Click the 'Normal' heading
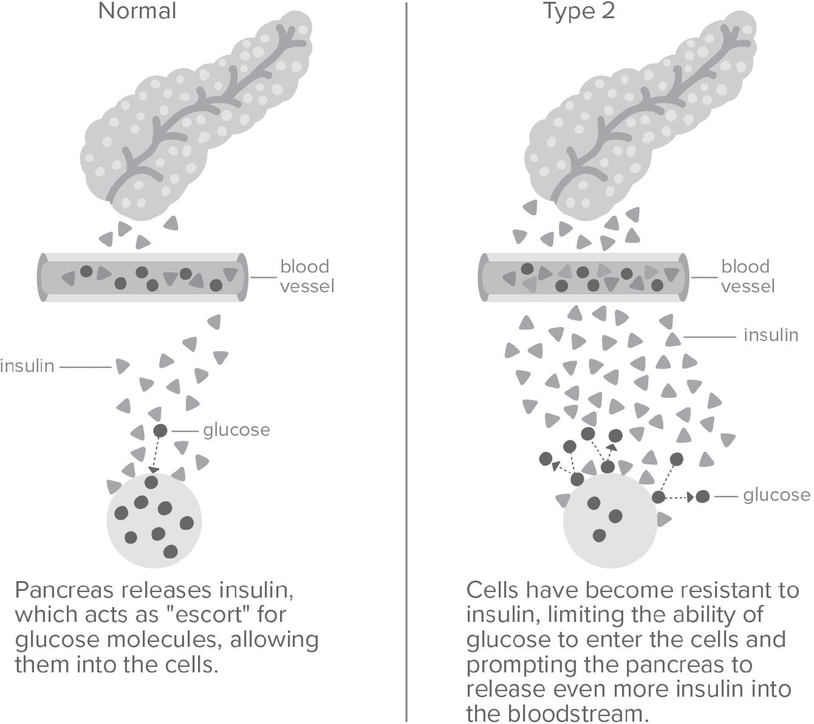coord(137,11)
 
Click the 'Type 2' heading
coord(579,11)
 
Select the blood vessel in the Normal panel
coord(143,277)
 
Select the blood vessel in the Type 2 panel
coord(584,277)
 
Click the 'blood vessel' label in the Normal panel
coord(306,276)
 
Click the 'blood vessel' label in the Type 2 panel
coord(747,276)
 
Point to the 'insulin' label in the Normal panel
coord(27,367)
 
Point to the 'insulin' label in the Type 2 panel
coord(770,335)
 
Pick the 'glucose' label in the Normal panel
coord(236,430)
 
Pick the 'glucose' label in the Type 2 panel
coord(776,495)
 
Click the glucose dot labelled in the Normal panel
coord(160,431)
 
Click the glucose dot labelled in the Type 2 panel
coord(702,497)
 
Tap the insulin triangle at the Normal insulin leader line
coord(122,366)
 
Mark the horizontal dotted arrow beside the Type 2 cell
coord(680,497)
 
